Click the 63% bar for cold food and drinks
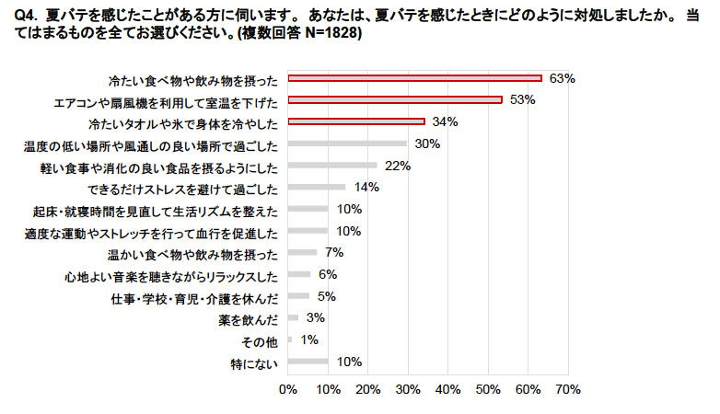pyautogui.click(x=414, y=78)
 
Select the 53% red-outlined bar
pyautogui.click(x=394, y=99)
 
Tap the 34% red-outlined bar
pyautogui.click(x=356, y=121)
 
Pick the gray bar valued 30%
pyautogui.click(x=347, y=144)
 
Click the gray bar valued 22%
pyautogui.click(x=332, y=166)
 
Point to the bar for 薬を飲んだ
pyautogui.click(x=294, y=318)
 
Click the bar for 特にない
pyautogui.click(x=308, y=362)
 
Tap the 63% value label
pyautogui.click(x=562, y=78)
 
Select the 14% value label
pyautogui.click(x=366, y=187)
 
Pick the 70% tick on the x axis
pyautogui.click(x=567, y=390)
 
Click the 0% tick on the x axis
pyautogui.click(x=288, y=390)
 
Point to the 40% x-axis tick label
pyautogui.click(x=447, y=390)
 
